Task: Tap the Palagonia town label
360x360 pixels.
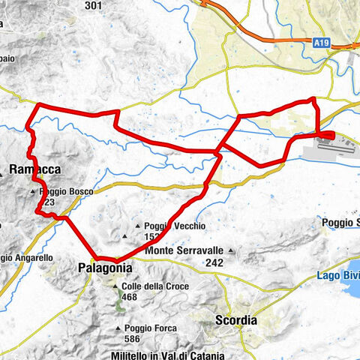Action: pyautogui.click(x=105, y=267)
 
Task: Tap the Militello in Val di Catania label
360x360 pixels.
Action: pyautogui.click(x=157, y=353)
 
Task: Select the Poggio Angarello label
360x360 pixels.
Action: pyautogui.click(x=25, y=258)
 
